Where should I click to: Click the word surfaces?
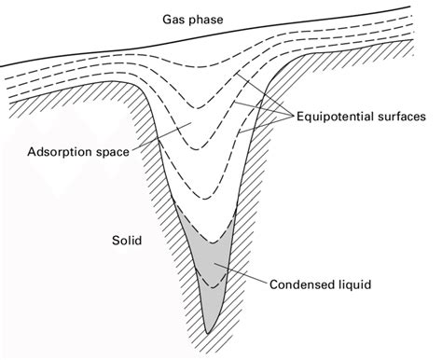401,118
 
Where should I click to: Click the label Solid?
125,240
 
